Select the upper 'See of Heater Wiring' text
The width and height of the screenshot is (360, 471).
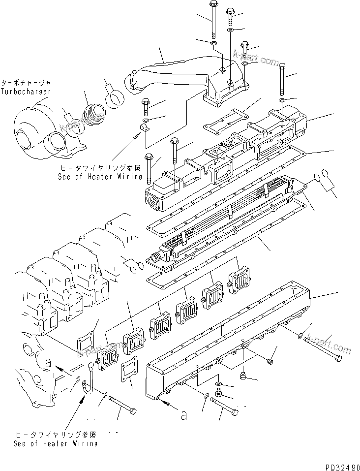point(100,176)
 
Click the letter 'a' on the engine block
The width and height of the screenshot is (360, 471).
point(48,363)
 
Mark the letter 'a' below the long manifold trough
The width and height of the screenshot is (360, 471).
point(183,416)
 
